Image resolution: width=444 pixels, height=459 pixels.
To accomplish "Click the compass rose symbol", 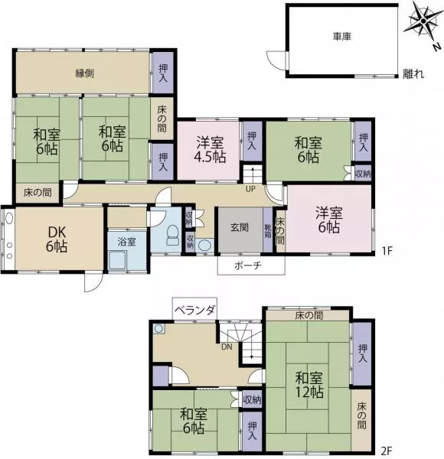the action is (423, 21).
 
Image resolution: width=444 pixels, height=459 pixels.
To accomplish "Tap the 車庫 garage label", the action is (342, 37).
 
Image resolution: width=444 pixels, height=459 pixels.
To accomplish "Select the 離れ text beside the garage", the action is (413, 73).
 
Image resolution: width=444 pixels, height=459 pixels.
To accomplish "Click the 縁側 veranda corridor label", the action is (85, 73).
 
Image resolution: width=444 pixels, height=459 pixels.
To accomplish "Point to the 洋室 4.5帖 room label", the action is (210, 150).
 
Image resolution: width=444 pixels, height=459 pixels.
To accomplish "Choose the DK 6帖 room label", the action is (57, 239).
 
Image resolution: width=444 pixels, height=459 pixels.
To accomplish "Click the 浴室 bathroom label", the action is (127, 242).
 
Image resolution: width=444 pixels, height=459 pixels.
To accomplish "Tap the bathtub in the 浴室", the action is (118, 260).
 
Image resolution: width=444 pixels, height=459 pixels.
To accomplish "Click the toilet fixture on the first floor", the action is (173, 235).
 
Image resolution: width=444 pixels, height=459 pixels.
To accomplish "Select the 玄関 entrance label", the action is (240, 227).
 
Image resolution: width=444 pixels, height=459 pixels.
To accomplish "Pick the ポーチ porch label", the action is (248, 265).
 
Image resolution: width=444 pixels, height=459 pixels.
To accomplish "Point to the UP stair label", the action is (250, 189).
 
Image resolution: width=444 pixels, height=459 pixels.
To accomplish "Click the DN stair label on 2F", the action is (227, 347).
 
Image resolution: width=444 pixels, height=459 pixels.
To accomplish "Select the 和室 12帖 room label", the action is (309, 385).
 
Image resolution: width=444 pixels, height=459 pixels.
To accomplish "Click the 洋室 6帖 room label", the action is (329, 220).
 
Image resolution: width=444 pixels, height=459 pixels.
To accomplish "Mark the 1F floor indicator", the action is (387, 251).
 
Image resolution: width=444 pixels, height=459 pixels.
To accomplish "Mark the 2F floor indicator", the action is (387, 451).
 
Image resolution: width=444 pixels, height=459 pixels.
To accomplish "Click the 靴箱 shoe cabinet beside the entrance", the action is (268, 230).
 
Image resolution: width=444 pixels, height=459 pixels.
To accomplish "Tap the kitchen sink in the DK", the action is (8, 219).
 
